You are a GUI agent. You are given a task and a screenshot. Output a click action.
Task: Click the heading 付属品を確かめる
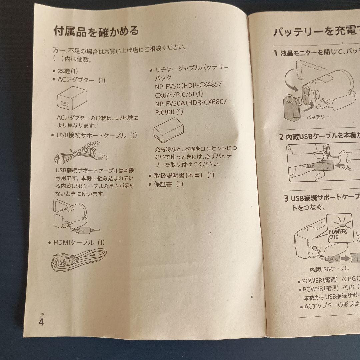(96, 31)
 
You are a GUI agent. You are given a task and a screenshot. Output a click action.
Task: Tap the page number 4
(41, 322)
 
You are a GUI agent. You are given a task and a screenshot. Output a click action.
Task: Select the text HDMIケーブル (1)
(79, 242)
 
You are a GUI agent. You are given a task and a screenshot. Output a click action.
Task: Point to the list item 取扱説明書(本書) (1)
(184, 175)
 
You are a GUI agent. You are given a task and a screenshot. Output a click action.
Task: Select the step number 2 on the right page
(281, 137)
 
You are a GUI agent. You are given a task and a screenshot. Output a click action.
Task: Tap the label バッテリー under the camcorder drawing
(318, 117)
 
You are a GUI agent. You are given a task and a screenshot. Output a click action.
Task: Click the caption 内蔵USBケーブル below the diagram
(329, 269)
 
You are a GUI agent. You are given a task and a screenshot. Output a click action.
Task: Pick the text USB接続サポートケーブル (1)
(96, 135)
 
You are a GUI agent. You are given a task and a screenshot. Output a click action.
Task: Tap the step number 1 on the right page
(275, 53)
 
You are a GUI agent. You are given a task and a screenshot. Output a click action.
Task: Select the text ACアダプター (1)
(81, 80)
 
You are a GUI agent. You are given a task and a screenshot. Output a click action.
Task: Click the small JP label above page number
(42, 314)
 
